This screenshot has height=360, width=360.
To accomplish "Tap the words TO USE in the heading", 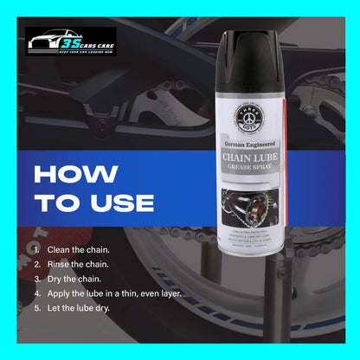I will click(x=93, y=204).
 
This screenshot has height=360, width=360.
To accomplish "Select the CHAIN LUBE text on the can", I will click(x=251, y=158).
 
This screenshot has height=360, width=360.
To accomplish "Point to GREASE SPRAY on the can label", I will click(x=251, y=169).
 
